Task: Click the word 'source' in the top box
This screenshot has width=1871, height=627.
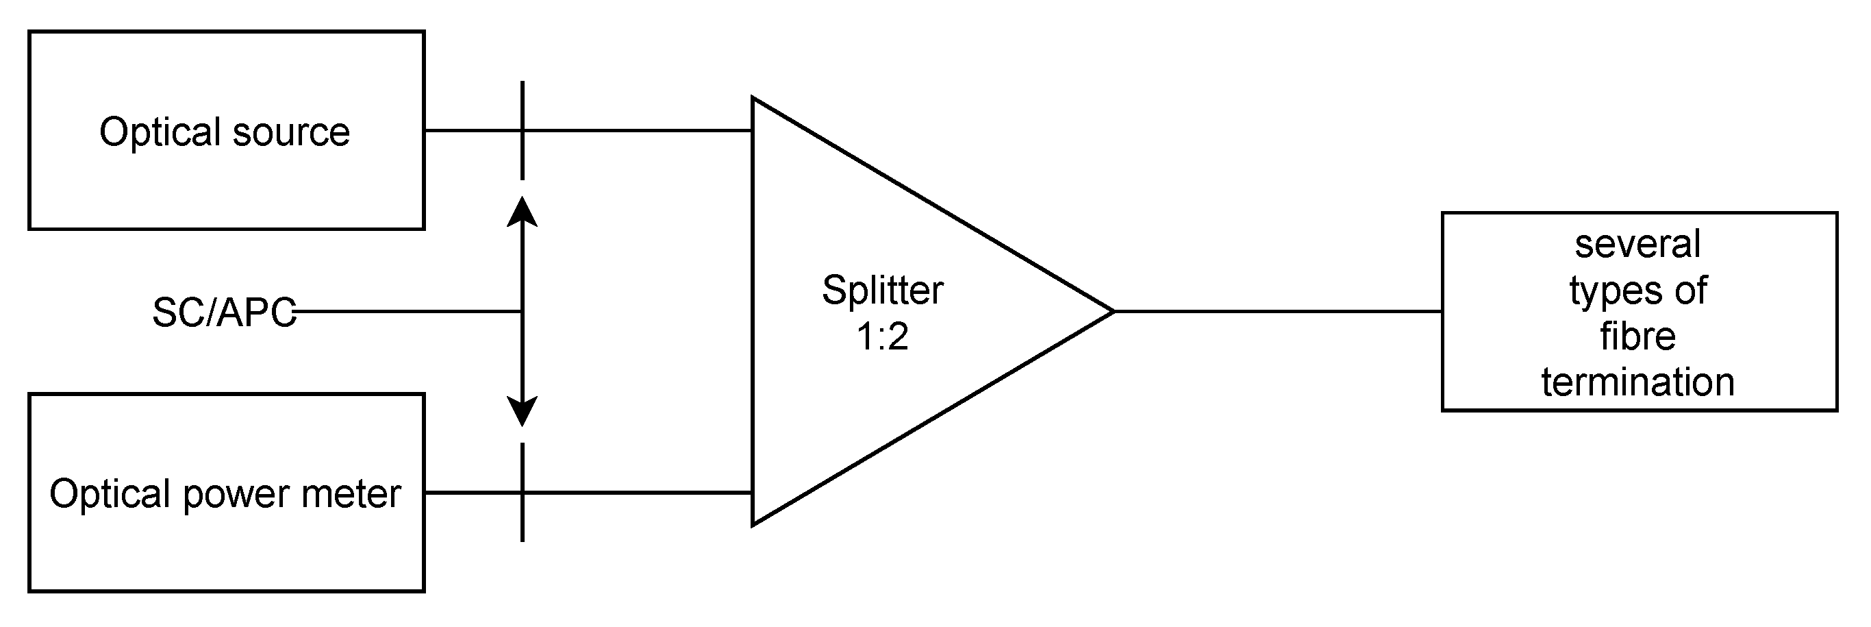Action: [291, 133]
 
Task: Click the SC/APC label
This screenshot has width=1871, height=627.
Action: [224, 313]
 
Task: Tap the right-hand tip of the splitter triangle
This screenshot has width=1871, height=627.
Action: [1112, 312]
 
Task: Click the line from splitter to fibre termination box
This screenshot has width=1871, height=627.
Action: [1279, 312]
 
